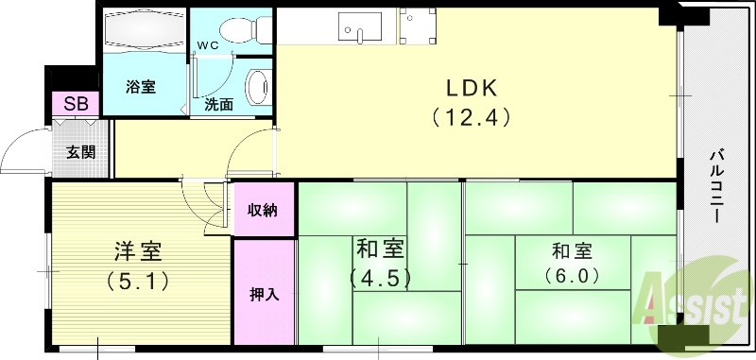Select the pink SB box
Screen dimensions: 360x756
pos(75,104)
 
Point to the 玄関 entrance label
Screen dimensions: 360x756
pos(80,150)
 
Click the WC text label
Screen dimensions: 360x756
pos(207,44)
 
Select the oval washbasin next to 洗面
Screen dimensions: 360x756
pos(257,89)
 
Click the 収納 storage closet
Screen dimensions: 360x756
pos(263,210)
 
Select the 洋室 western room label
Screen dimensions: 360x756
pos(139,251)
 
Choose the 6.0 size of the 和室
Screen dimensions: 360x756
pos(573,276)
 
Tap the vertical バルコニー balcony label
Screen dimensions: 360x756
pos(717,184)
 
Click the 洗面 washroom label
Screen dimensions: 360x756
pos(218,105)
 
